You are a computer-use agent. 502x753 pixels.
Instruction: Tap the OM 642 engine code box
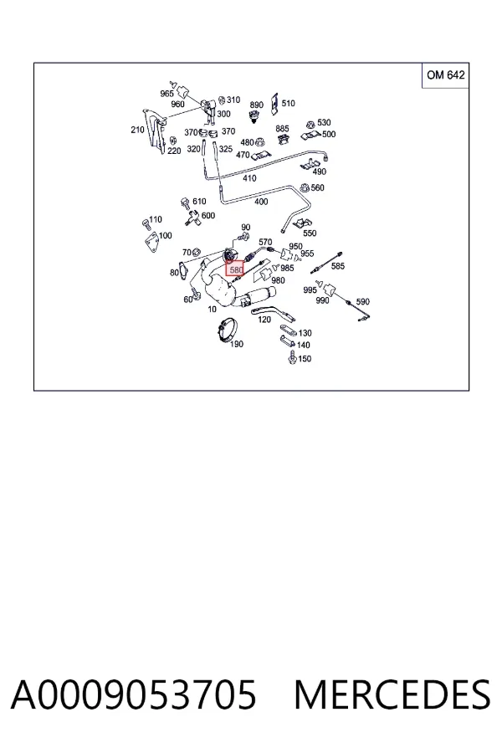click(445, 75)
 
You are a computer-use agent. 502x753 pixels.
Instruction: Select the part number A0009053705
click(134, 695)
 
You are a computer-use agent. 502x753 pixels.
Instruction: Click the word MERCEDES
click(392, 695)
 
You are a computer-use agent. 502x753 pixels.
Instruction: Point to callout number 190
click(236, 344)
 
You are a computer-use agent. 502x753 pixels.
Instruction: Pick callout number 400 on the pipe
click(261, 202)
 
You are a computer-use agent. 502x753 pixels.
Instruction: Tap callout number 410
click(249, 178)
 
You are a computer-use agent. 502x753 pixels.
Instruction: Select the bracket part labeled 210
click(155, 132)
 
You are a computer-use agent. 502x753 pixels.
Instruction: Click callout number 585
click(338, 265)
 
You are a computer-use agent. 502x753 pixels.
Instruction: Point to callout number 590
click(362, 301)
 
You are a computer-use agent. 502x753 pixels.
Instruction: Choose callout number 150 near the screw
click(305, 359)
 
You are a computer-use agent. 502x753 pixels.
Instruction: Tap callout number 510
click(288, 103)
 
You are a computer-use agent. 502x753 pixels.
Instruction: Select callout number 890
click(257, 105)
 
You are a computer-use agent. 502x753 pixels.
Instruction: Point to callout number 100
click(166, 236)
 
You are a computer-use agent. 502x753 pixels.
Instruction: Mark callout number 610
click(199, 202)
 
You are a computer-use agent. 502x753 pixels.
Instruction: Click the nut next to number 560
click(304, 187)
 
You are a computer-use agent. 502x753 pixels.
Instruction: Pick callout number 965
click(166, 94)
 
